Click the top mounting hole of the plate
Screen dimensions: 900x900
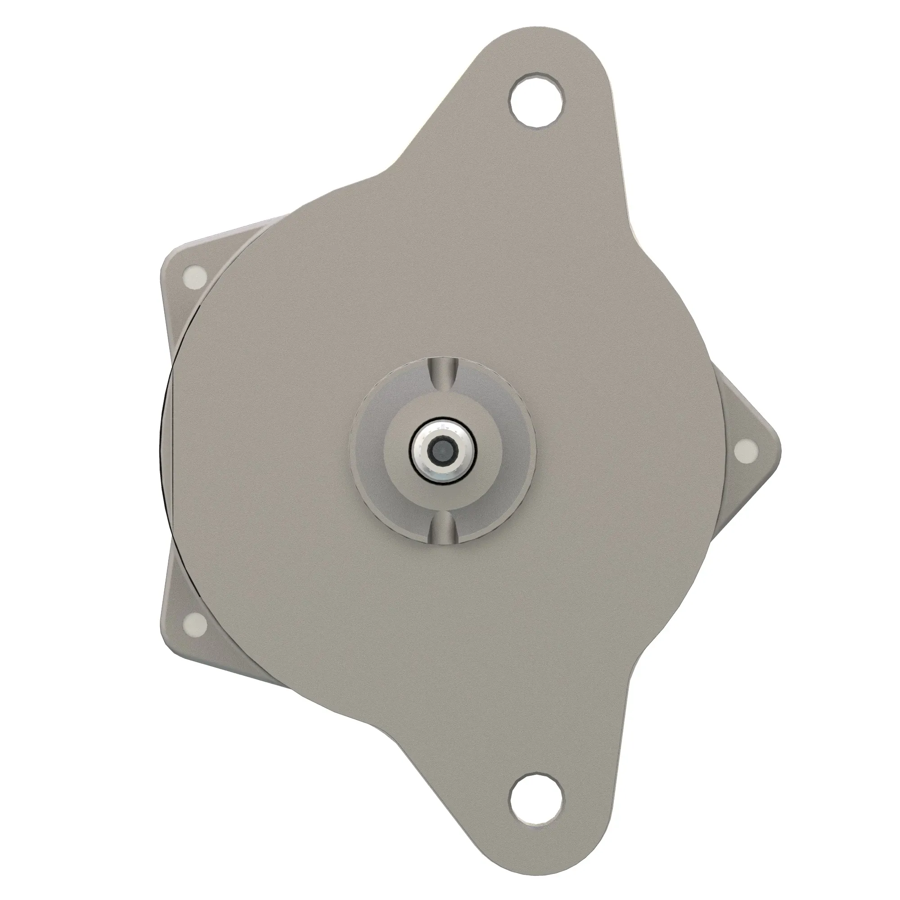click(535, 100)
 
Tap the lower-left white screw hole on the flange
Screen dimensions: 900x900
click(195, 623)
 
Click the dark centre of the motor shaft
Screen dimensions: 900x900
click(442, 450)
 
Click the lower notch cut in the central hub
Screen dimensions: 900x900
click(442, 526)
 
